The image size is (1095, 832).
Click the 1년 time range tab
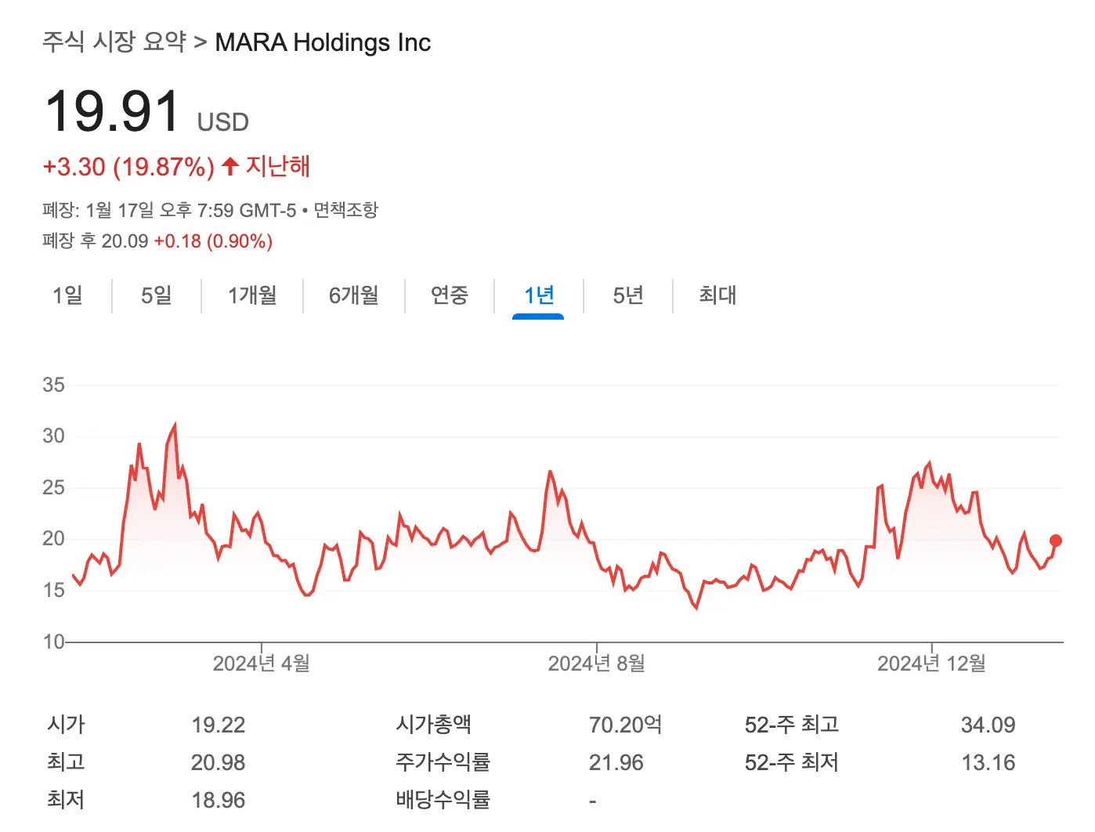(x=538, y=295)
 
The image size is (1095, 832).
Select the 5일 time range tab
(x=156, y=295)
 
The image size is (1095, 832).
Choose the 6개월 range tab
(x=353, y=295)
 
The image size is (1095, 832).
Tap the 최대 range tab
(x=717, y=295)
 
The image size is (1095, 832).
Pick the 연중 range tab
(x=450, y=295)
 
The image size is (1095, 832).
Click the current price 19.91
(x=114, y=112)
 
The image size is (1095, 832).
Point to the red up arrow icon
(x=229, y=166)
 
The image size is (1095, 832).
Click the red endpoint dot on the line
(x=1055, y=541)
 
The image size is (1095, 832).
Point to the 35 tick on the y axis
(x=53, y=385)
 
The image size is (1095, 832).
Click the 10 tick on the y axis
(x=53, y=642)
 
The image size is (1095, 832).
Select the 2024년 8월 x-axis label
(x=596, y=664)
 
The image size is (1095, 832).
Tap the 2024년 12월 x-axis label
(x=931, y=664)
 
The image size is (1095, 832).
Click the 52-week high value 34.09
(x=988, y=725)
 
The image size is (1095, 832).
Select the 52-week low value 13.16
(x=988, y=762)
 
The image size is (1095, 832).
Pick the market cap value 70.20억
(x=625, y=725)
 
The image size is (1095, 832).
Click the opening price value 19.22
(x=218, y=725)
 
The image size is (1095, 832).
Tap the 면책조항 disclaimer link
(x=345, y=210)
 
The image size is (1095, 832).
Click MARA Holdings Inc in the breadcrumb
(x=323, y=42)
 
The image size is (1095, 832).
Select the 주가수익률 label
(x=443, y=762)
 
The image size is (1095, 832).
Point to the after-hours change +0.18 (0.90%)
(x=213, y=241)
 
